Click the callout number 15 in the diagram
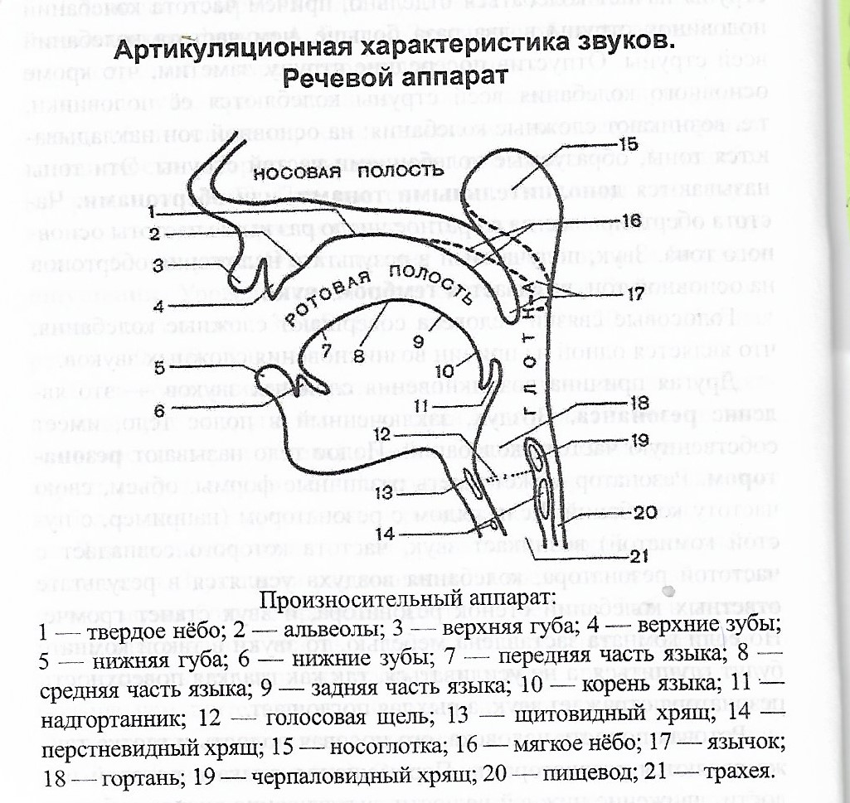[629, 146]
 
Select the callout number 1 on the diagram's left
[155, 212]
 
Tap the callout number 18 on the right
[637, 401]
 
